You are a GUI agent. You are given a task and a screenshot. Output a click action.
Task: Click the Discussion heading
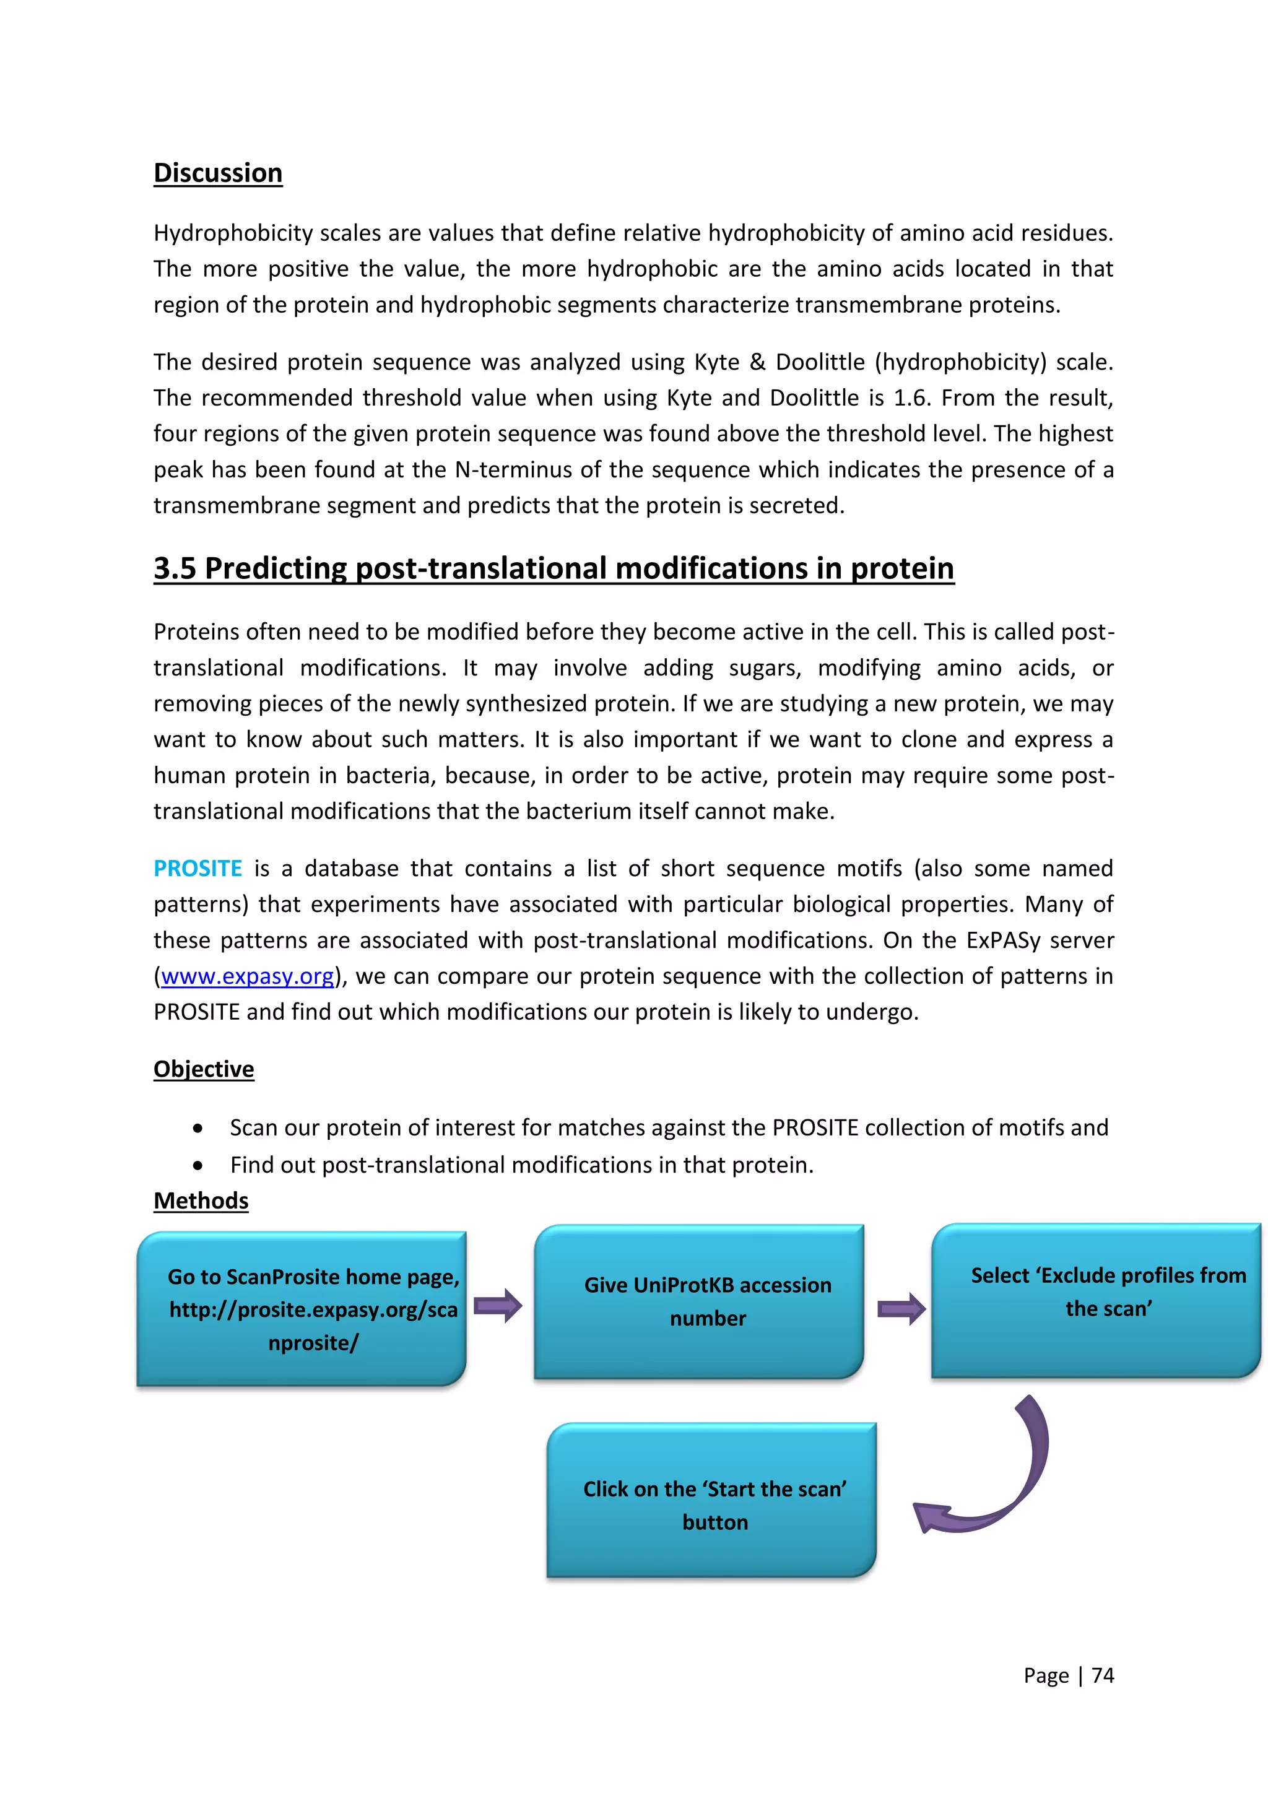tap(218, 173)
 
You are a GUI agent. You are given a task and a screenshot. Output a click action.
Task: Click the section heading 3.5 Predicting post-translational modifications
tap(553, 568)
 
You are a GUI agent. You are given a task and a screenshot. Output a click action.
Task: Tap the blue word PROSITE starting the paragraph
tap(198, 869)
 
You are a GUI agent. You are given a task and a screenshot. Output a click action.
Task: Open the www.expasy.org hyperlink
tap(248, 976)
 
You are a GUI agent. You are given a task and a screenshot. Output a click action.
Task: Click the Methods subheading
tap(201, 1200)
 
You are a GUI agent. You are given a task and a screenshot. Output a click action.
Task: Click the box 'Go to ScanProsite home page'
tap(302, 1309)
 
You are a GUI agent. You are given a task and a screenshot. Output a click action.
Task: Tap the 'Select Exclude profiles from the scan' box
tap(1095, 1300)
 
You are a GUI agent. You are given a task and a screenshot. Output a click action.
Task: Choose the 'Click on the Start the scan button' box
tap(711, 1500)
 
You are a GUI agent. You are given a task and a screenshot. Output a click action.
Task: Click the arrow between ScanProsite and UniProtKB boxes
tap(498, 1306)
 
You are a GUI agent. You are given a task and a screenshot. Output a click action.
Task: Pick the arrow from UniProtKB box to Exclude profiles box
tap(901, 1309)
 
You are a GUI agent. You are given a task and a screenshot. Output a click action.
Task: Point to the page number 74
tap(1103, 1675)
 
